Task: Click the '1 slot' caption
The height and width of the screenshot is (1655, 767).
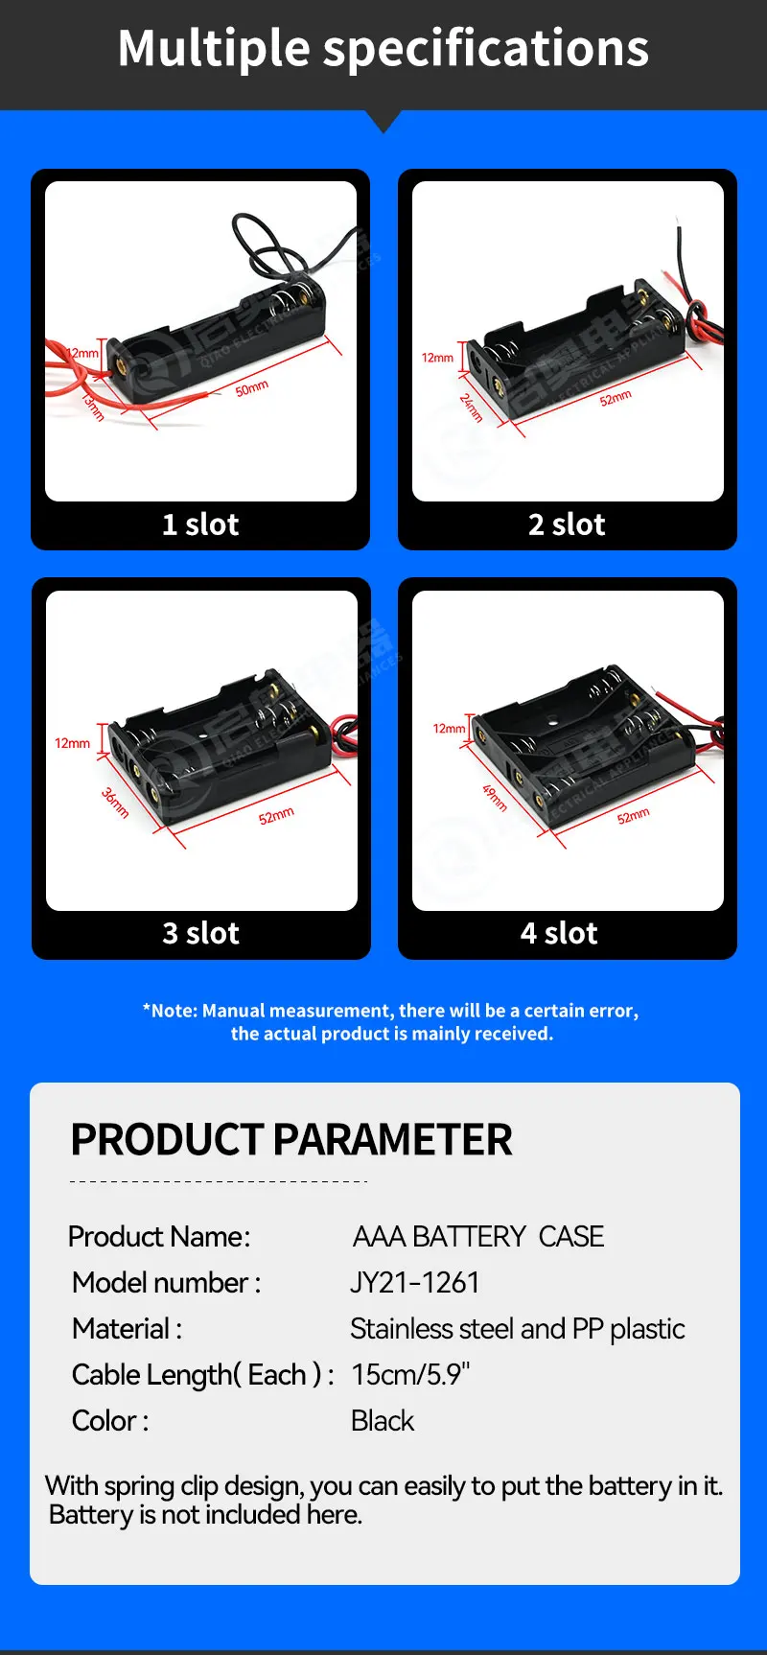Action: [200, 524]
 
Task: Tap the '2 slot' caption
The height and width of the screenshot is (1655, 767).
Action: [567, 524]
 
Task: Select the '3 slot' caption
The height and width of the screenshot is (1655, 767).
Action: [200, 933]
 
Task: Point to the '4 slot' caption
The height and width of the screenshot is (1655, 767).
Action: [559, 933]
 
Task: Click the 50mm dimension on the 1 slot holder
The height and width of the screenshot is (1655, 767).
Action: [252, 388]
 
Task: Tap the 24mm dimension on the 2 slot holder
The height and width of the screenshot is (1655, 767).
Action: [471, 408]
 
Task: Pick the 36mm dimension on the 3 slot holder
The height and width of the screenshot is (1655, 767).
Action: [115, 802]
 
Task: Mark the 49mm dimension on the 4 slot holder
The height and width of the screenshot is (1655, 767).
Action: [495, 797]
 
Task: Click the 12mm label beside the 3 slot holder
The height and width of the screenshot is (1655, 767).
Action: [72, 743]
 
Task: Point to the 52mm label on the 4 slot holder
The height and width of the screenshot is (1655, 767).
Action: [633, 816]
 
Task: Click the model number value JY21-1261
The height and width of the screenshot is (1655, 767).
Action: [414, 1283]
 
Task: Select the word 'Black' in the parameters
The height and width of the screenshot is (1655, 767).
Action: [382, 1421]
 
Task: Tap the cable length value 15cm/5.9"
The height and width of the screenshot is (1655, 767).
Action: [410, 1375]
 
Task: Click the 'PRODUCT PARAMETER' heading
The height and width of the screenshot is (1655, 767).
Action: [291, 1140]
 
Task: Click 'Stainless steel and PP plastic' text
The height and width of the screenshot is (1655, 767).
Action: [517, 1329]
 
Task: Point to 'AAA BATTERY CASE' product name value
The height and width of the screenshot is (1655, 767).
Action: [477, 1237]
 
